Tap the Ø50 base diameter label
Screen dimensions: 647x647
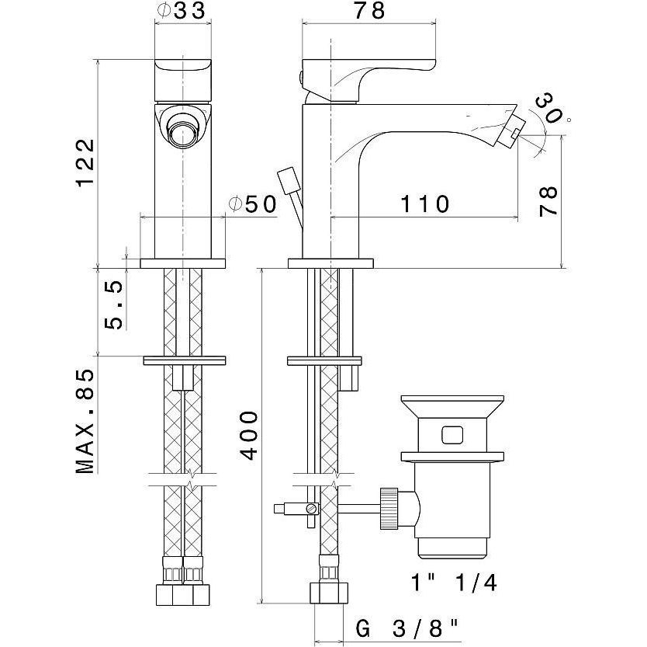253,204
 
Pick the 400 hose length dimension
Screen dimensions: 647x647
247,435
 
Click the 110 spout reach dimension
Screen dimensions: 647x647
426,204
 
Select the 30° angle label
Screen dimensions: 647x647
552,108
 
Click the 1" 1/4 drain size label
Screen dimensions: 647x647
453,583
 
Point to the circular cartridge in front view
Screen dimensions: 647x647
184,130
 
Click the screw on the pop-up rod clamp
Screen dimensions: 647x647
311,510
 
